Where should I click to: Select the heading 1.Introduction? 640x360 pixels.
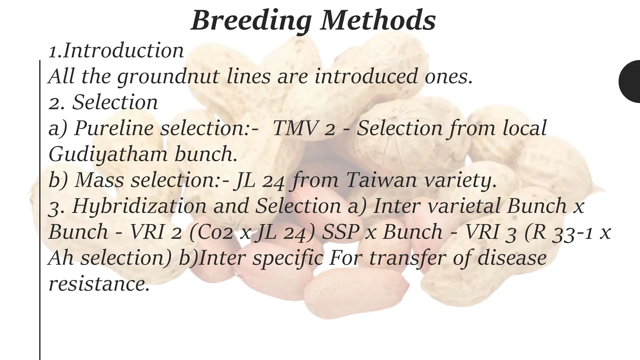[x=116, y=51]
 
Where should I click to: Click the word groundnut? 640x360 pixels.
[x=168, y=77]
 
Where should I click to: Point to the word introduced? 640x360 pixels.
[x=366, y=76]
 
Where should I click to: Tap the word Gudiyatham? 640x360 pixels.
[x=108, y=155]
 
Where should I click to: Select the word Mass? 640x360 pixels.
[x=99, y=180]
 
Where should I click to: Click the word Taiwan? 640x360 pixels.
[x=381, y=180]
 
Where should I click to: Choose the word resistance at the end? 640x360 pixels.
[x=99, y=284]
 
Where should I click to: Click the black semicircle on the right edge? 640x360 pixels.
[x=631, y=81]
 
